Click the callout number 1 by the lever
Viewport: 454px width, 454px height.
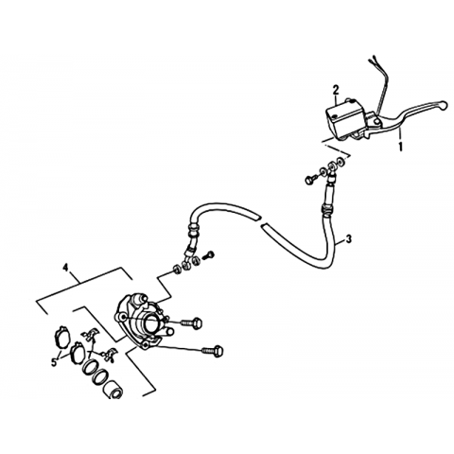(401, 147)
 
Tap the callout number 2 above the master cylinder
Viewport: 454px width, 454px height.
(336, 90)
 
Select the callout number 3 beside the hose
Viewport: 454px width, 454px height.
(348, 239)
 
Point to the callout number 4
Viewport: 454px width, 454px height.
(65, 268)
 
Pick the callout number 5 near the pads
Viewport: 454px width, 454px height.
(54, 362)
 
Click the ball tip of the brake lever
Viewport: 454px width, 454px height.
(444, 105)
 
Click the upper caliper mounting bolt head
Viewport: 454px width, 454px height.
(197, 323)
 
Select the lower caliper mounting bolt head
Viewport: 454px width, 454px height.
(219, 351)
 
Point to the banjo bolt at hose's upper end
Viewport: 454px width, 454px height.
(309, 180)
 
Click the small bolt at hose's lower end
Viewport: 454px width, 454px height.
(210, 254)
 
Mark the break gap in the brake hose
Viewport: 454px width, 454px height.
(260, 220)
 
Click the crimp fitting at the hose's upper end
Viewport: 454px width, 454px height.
(326, 208)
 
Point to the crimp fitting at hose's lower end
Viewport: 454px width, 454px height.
(193, 229)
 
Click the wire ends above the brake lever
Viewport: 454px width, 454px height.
(373, 61)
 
